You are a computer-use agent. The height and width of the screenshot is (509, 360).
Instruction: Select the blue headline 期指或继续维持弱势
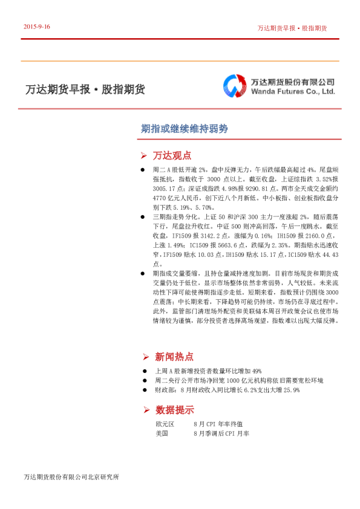(184, 129)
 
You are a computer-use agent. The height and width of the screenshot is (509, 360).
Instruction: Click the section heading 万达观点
(172, 155)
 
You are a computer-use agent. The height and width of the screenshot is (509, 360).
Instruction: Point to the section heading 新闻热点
(174, 357)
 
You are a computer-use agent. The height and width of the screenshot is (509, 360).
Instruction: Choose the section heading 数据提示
(174, 410)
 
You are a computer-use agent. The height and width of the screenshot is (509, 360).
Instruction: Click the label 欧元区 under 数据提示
(165, 425)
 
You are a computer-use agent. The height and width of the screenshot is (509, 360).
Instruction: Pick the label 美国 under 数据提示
(161, 434)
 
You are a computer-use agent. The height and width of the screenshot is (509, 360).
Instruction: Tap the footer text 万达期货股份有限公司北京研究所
(71, 478)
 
